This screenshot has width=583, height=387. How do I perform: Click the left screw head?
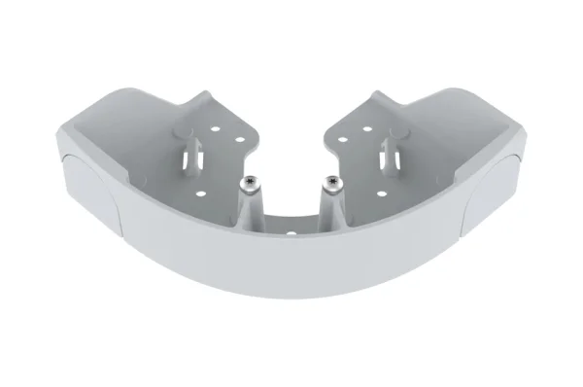[251, 181]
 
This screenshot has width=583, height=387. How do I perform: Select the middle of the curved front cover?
[291, 272]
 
